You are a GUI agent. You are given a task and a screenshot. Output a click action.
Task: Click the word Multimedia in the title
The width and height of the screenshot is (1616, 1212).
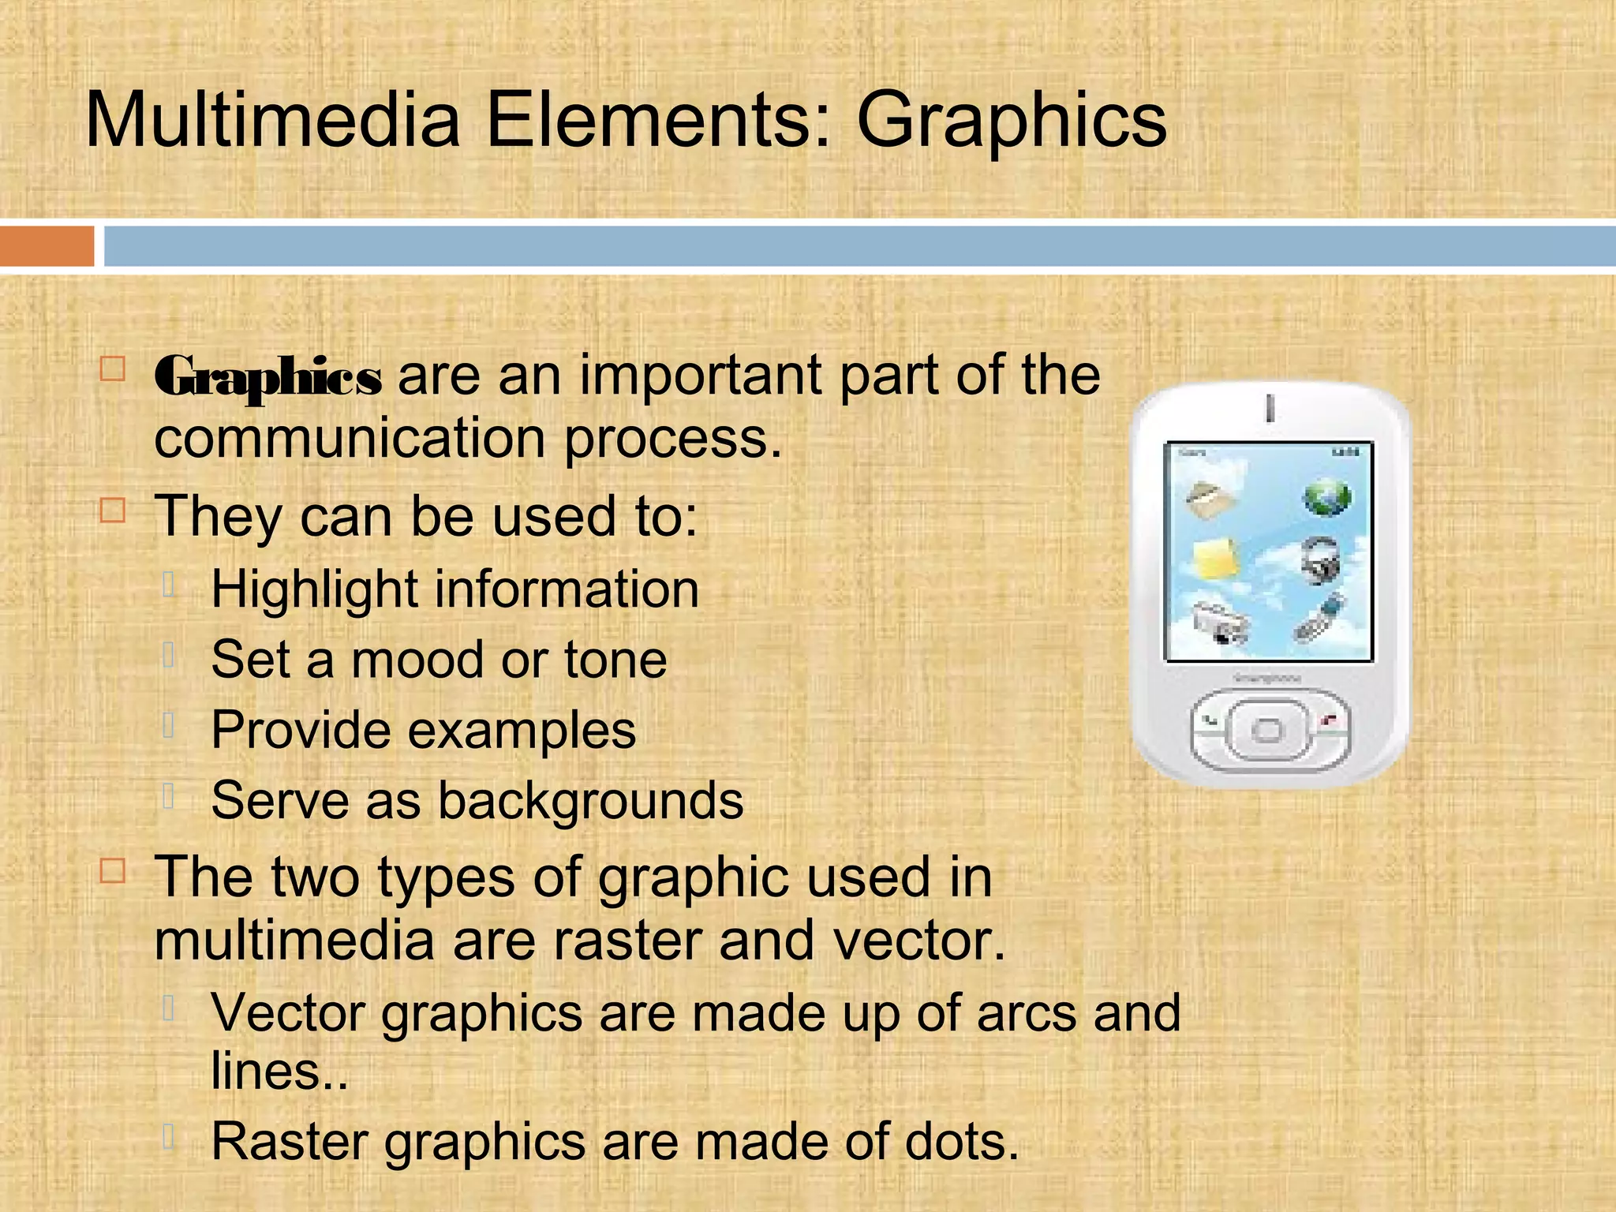(272, 121)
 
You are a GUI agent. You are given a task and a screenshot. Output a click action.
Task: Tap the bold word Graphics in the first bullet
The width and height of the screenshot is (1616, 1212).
(268, 376)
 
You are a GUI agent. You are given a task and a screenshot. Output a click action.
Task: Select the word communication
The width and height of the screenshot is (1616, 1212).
(350, 439)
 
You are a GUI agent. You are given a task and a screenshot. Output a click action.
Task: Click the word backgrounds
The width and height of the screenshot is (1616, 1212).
(590, 801)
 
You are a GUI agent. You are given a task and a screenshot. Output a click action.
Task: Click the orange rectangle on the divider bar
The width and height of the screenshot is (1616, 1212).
(47, 246)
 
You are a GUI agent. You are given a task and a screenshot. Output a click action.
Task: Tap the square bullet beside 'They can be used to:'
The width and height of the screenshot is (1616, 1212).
(113, 511)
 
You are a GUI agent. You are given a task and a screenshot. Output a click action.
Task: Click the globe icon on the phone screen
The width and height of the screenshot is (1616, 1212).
(1327, 497)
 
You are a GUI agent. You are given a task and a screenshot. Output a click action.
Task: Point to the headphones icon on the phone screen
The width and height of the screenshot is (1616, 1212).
(1321, 559)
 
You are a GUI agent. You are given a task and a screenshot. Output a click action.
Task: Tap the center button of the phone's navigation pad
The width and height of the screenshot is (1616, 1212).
(1268, 730)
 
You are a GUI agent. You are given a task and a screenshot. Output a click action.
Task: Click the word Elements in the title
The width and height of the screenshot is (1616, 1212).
(658, 121)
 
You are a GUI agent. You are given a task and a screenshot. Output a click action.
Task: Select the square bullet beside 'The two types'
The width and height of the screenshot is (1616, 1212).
(113, 871)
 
